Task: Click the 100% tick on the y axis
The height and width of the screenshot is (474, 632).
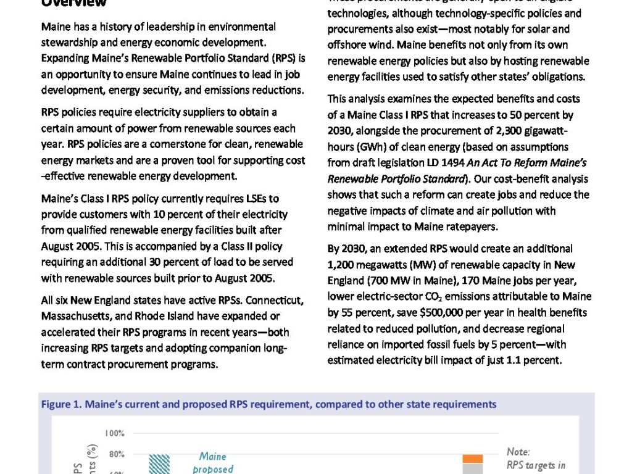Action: (115, 433)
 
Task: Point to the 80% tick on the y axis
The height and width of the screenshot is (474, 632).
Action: (117, 454)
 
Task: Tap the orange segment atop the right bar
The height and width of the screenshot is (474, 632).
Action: (473, 459)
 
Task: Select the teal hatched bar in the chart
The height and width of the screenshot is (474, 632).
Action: (159, 464)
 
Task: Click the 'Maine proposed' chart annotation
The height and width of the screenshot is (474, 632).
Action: (212, 462)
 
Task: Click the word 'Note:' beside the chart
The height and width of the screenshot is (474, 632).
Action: (518, 452)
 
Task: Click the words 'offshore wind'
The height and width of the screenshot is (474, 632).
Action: (356, 45)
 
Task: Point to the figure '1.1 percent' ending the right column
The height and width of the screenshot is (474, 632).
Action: (536, 360)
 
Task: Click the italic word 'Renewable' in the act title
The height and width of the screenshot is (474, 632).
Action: (352, 179)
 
